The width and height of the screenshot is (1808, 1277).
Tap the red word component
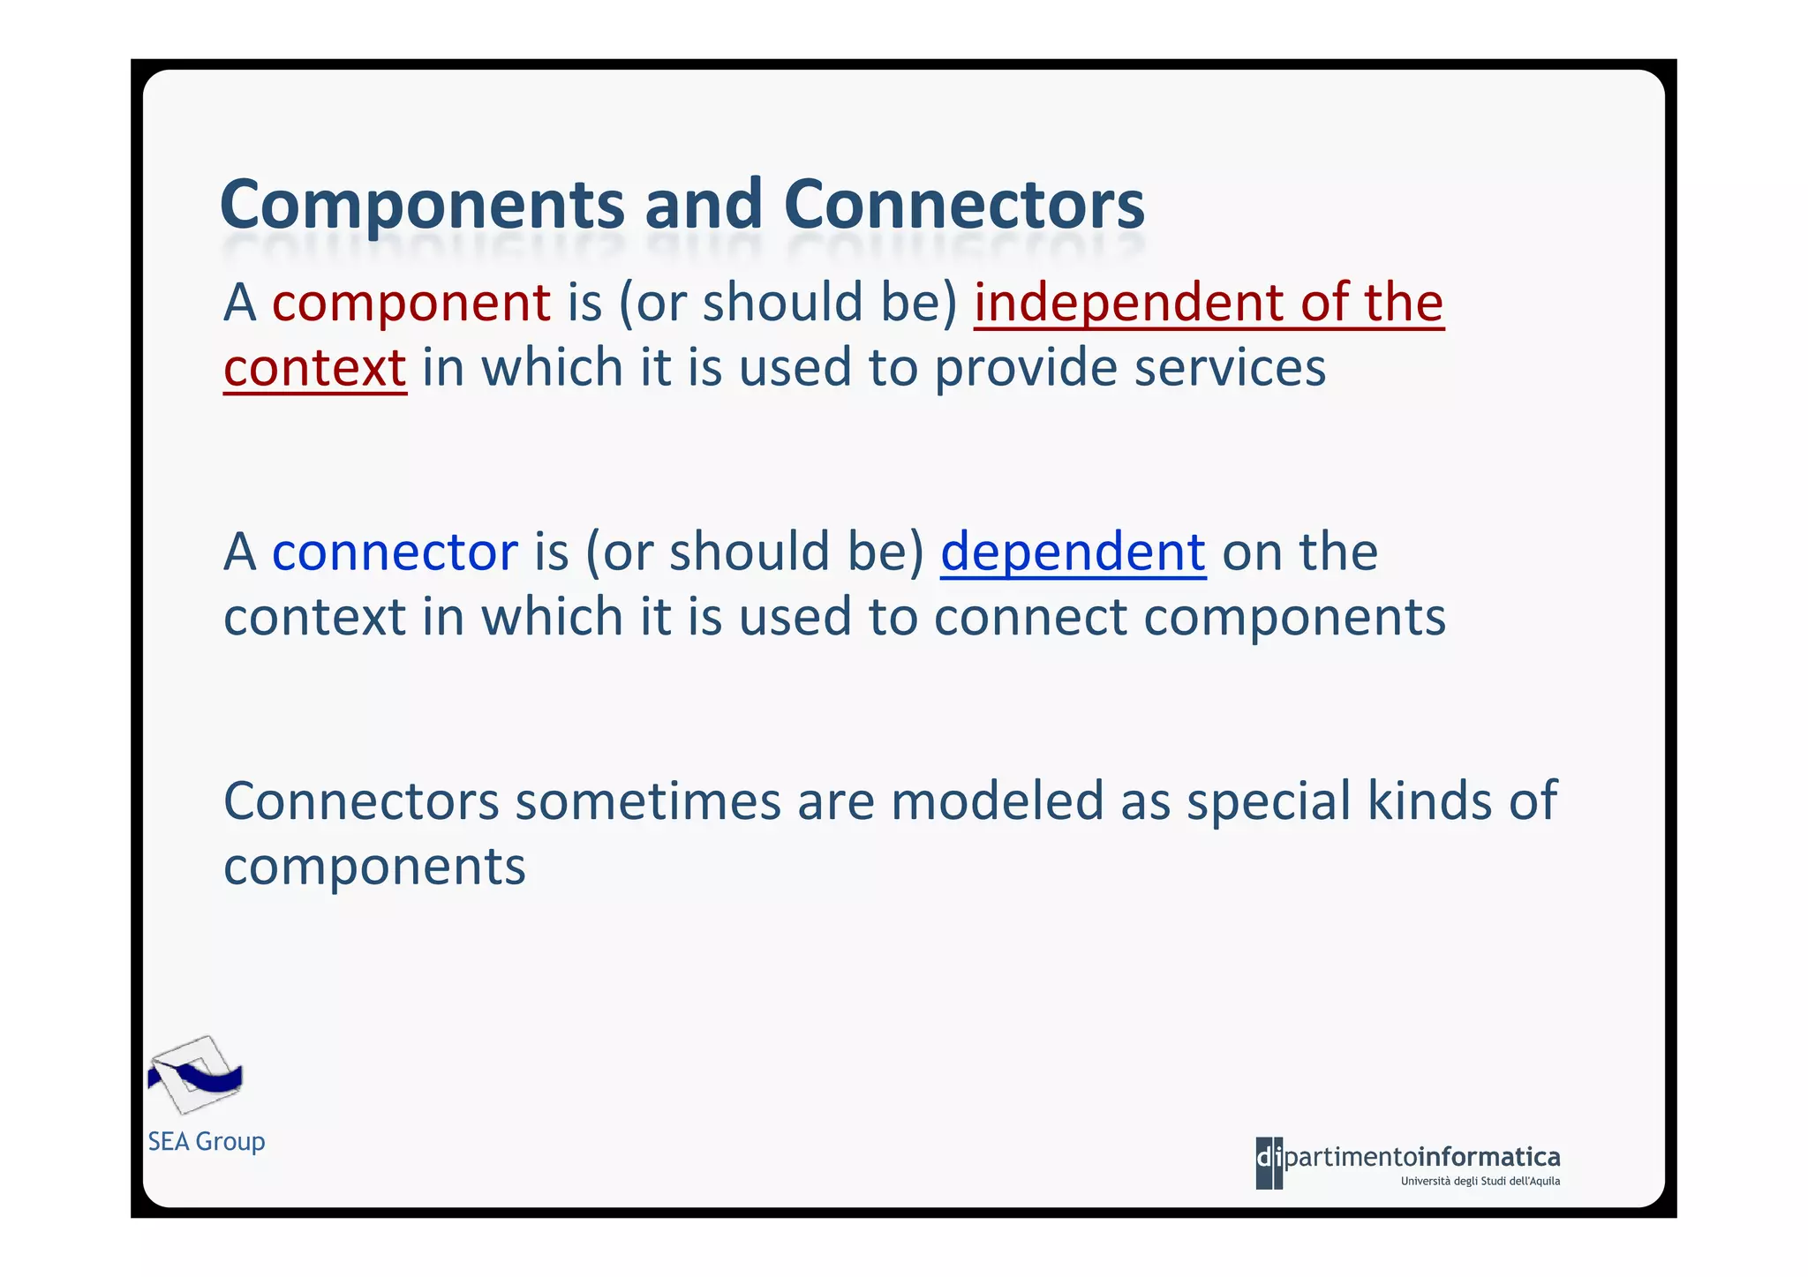411,303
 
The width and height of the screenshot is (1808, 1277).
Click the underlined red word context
314,368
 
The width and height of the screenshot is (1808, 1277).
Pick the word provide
1025,368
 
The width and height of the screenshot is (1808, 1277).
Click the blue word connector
395,552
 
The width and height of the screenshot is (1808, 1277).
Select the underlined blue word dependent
1073,552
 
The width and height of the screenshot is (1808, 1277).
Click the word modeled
997,801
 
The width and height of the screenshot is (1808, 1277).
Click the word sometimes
647,801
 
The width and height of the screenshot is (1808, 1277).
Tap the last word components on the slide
374,867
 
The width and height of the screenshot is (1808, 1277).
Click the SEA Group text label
207,1141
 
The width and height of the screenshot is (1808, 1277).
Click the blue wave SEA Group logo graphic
194,1075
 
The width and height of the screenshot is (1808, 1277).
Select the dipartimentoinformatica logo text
1408,1157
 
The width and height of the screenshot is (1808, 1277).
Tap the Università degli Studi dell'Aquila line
1480,1182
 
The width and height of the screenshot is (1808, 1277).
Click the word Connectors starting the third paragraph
361,801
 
